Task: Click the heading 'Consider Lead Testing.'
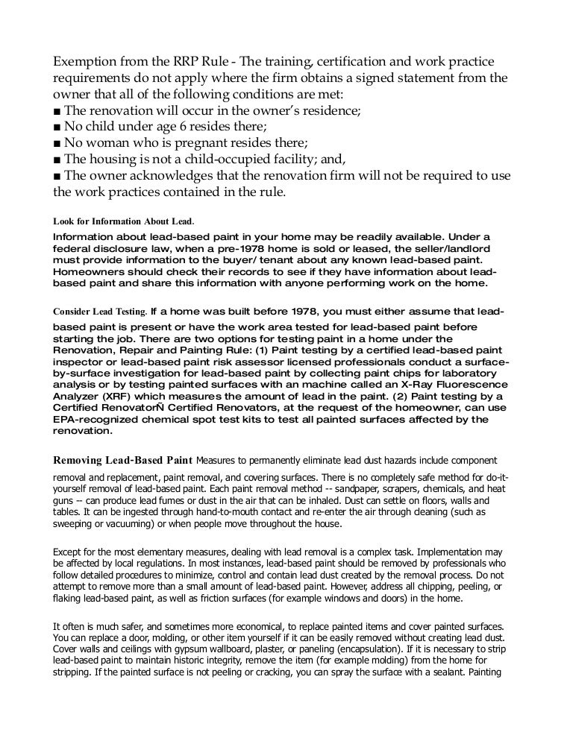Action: point(100,312)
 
